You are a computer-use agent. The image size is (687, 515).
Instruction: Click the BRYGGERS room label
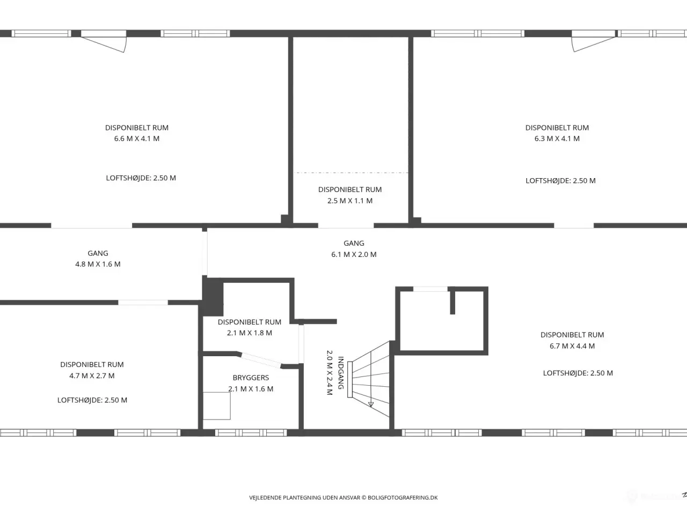(251, 378)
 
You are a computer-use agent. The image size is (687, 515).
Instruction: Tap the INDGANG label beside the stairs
(341, 373)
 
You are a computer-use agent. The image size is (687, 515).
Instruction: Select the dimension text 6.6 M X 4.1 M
(137, 138)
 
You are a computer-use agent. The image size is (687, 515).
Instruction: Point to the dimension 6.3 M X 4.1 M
(557, 138)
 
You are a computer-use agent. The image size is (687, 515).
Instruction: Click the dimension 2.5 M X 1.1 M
(350, 201)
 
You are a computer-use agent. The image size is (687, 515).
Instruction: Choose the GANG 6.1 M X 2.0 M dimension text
(354, 254)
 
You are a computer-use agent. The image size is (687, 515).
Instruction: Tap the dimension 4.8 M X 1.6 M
(98, 264)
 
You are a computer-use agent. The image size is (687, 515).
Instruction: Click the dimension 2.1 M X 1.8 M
(250, 333)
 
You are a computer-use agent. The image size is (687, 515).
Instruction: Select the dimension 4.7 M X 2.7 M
(92, 376)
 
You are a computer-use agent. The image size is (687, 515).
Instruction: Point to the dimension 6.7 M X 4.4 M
(572, 346)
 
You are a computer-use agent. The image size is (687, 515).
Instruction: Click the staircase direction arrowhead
(371, 404)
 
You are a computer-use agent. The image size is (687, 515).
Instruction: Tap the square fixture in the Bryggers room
(217, 406)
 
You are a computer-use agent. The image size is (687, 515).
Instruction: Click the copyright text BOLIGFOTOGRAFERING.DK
(403, 497)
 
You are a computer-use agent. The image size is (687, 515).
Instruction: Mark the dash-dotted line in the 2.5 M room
(351, 173)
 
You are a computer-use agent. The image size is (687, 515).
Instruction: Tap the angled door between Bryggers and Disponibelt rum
(261, 360)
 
